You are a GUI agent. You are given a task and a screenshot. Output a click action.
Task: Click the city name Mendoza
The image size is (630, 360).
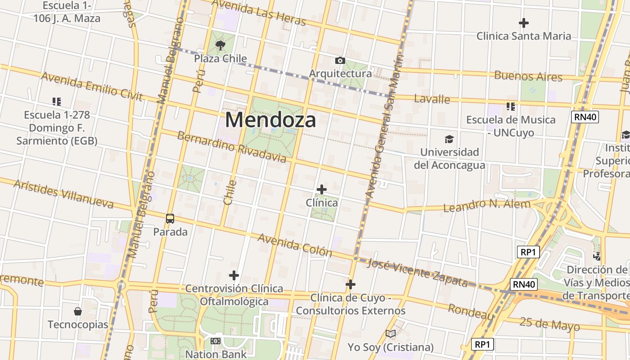click(270, 120)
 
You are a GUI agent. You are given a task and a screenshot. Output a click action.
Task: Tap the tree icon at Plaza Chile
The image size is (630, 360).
click(220, 45)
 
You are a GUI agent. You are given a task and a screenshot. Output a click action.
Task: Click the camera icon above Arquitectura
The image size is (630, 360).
click(340, 60)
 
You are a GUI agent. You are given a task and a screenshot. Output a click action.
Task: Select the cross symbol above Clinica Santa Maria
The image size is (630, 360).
click(523, 22)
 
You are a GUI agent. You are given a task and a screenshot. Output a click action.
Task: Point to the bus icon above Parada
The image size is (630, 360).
click(170, 219)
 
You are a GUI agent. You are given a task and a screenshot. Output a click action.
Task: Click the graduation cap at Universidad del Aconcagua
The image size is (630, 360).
click(449, 139)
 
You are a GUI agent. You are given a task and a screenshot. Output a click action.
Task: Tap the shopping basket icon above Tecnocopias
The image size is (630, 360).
click(78, 311)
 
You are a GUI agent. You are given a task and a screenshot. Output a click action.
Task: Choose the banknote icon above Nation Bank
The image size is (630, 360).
click(216, 341)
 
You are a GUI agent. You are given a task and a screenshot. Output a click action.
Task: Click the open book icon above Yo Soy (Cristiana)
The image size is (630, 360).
click(391, 333)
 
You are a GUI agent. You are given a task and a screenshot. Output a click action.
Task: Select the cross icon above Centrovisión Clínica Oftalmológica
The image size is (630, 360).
click(234, 275)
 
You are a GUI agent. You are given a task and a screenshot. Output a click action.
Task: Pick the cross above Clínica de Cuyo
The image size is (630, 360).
click(351, 284)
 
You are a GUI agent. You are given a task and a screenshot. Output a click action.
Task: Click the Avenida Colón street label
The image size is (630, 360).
click(295, 245)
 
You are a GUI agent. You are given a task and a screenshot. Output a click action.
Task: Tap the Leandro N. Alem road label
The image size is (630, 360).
click(487, 206)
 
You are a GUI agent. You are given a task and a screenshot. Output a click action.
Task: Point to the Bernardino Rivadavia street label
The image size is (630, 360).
click(231, 147)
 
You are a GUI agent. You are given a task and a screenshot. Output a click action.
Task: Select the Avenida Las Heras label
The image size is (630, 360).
click(258, 12)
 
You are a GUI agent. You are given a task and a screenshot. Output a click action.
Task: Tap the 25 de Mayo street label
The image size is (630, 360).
click(549, 324)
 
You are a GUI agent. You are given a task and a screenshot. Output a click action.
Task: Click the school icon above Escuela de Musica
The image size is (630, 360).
click(510, 107)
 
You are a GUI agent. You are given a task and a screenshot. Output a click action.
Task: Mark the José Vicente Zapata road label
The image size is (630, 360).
click(418, 273)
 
